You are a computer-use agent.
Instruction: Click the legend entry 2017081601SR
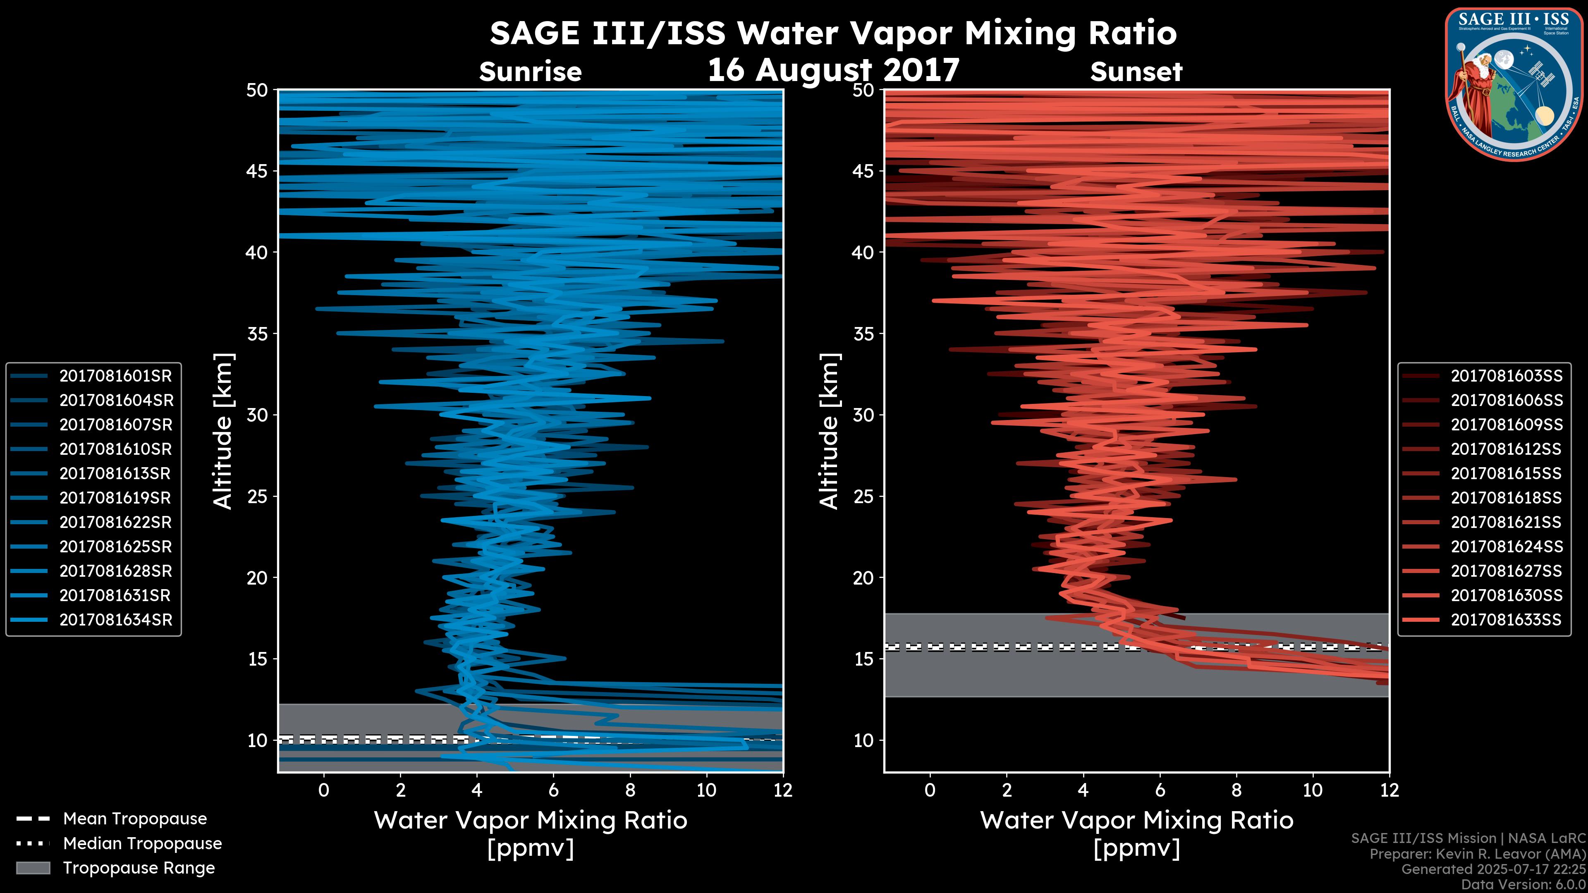(115, 376)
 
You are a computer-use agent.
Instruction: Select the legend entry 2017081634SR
(115, 620)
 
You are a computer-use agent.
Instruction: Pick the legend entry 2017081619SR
(115, 498)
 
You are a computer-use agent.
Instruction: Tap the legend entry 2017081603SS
(1506, 376)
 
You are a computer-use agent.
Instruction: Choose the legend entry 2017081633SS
(1506, 620)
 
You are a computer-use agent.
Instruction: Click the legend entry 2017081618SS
(1506, 498)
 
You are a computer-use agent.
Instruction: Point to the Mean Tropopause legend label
(135, 819)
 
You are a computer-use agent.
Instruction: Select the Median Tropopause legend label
(142, 844)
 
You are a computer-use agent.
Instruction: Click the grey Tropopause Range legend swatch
(33, 868)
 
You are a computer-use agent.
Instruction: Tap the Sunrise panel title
(530, 72)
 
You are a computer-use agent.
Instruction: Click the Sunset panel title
(1136, 72)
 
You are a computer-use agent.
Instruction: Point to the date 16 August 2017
(833, 69)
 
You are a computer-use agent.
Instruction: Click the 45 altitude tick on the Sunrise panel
(257, 171)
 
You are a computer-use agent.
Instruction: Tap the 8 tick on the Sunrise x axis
(630, 790)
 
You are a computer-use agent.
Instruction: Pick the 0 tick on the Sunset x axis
(930, 790)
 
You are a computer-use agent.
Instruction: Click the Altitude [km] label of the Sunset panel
(830, 431)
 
